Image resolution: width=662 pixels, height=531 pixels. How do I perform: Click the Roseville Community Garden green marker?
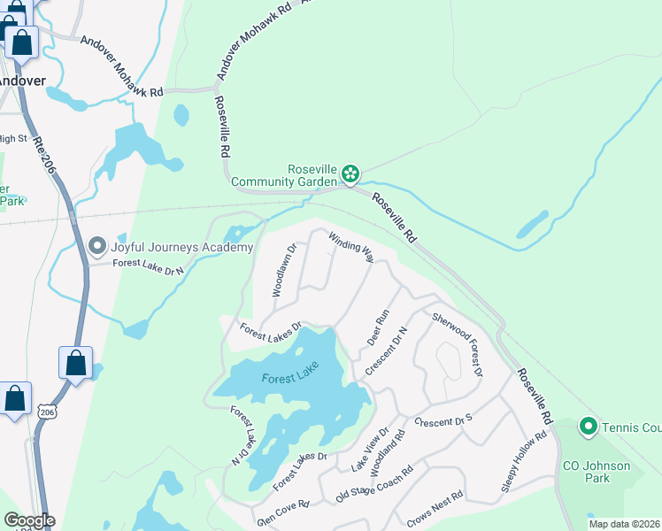(x=350, y=173)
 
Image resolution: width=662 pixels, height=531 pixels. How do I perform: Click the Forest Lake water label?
(x=289, y=378)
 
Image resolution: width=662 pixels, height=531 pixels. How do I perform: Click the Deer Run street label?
(x=378, y=327)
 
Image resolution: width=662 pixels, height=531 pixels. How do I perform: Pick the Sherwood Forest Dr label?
(x=457, y=343)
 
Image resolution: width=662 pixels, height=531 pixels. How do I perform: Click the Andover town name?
(x=21, y=80)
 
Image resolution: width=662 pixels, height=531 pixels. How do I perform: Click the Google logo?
(x=28, y=520)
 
